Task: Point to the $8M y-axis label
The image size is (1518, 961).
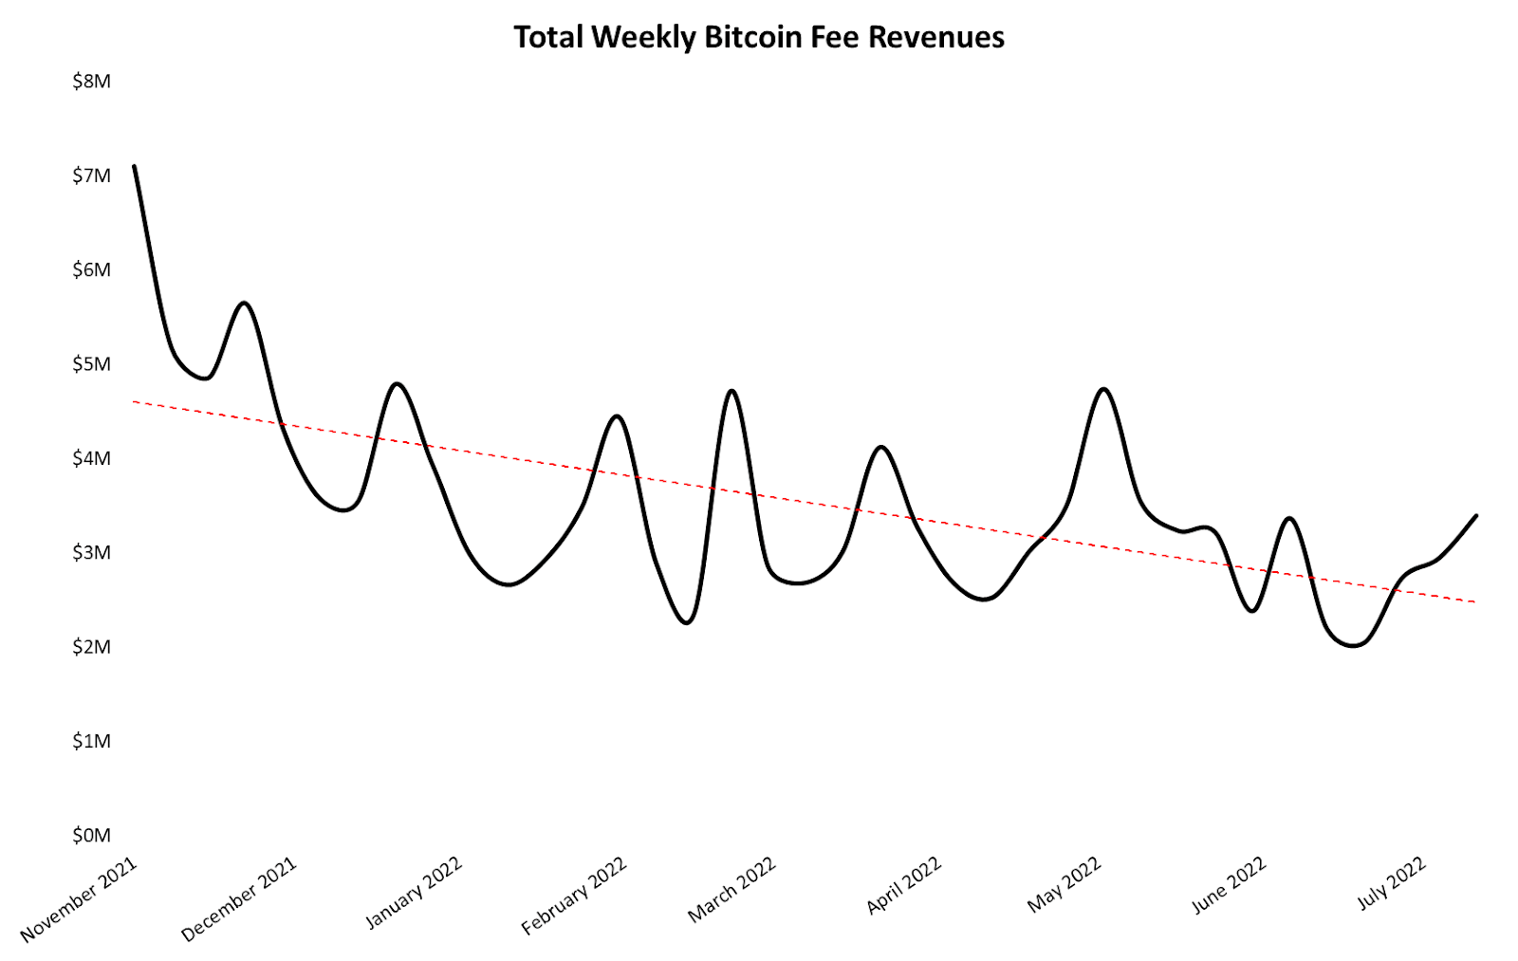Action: (x=91, y=82)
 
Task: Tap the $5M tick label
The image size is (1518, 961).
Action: (x=91, y=364)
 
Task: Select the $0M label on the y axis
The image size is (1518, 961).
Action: (x=91, y=836)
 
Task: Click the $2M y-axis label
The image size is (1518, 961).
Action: (x=91, y=647)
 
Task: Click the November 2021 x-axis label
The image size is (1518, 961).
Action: (x=80, y=899)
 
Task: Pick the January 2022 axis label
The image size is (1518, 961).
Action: (x=414, y=892)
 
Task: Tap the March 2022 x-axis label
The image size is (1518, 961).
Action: (x=731, y=890)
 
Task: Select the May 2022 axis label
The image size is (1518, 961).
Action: (x=1064, y=884)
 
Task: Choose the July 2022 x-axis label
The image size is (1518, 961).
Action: (x=1391, y=883)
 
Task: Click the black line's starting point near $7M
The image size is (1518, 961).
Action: (x=135, y=167)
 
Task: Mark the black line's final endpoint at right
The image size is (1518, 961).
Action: (x=1476, y=516)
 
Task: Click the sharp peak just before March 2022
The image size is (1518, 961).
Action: (x=731, y=391)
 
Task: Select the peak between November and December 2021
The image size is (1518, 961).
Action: (x=245, y=303)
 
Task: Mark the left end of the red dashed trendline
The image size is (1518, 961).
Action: (x=135, y=402)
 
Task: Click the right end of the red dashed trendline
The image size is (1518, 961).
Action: (x=1475, y=602)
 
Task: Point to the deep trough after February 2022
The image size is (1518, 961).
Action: (x=687, y=622)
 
